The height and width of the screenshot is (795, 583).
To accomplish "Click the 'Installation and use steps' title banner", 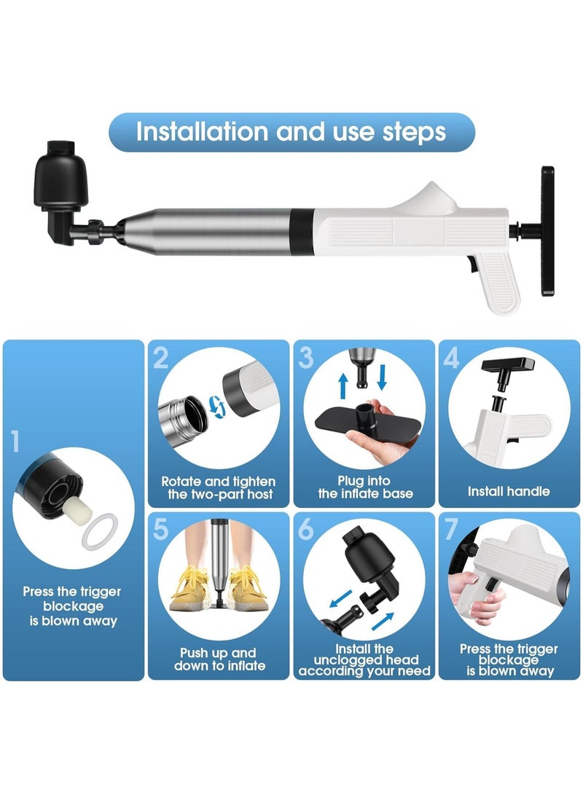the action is click(x=291, y=132).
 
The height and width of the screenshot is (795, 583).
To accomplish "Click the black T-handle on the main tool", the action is click(x=547, y=231).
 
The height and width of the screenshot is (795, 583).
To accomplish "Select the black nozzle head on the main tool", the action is click(x=60, y=190).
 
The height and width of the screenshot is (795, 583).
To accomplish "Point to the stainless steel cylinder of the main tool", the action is click(x=208, y=231).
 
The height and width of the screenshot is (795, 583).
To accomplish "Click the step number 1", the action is click(x=15, y=441).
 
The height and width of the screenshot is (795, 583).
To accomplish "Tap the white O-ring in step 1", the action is click(x=100, y=531).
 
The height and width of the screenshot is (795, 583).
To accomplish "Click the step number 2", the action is click(x=161, y=358).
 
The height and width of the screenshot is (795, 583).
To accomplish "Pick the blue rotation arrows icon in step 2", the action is click(x=217, y=407).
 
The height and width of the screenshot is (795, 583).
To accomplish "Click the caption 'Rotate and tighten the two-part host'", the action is click(x=219, y=487).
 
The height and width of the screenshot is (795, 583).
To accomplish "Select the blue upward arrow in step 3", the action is click(x=343, y=385).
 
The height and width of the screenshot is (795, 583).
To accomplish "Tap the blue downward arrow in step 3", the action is click(x=382, y=376).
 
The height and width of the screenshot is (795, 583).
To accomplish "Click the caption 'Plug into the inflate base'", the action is click(x=365, y=487).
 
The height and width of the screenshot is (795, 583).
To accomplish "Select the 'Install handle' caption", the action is click(x=509, y=491).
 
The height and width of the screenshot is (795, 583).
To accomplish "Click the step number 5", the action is click(x=161, y=529).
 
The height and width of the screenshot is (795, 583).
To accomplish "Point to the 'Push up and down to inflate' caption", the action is click(x=219, y=659).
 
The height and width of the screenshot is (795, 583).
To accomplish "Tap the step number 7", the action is click(x=451, y=529).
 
